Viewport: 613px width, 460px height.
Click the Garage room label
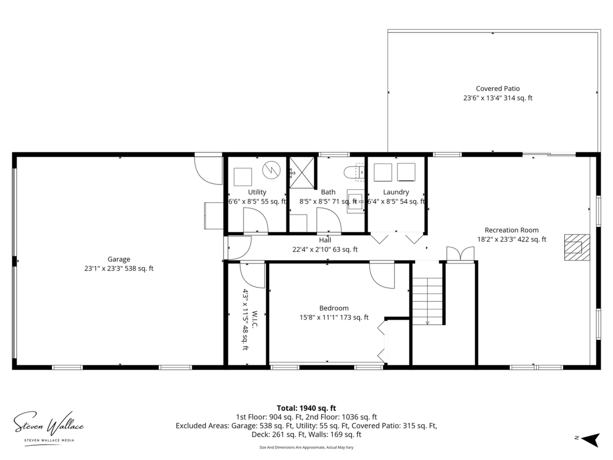pos(119,259)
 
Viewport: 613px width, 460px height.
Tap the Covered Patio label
pos(498,89)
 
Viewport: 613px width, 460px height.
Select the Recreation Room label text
pos(511,230)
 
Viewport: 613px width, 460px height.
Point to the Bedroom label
pos(334,308)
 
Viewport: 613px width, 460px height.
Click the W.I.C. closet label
pos(254,319)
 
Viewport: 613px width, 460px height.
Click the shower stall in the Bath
pos(302,172)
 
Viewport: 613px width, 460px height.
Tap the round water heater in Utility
pos(271,170)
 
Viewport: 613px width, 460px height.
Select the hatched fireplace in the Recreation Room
pos(577,247)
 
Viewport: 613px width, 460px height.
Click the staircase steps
pos(427,300)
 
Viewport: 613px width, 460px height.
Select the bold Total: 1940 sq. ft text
pos(306,408)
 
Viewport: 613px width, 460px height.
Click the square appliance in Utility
pos(243,177)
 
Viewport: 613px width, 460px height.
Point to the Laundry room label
pos(396,192)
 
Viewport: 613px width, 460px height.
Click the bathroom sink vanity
pos(356,201)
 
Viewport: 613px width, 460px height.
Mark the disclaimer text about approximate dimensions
pos(306,447)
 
